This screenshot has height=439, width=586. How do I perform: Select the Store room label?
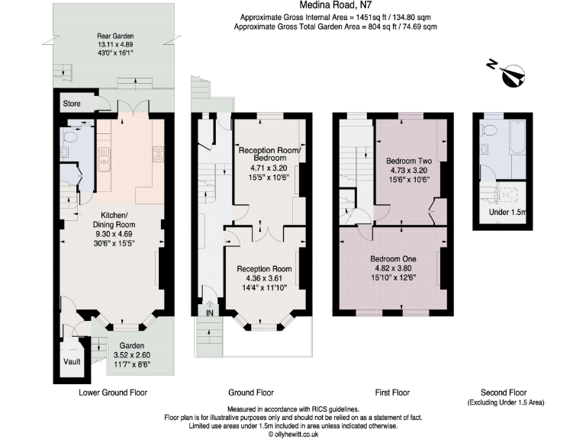pyautogui.click(x=72, y=103)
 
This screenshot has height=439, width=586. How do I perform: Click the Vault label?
pyautogui.click(x=73, y=361)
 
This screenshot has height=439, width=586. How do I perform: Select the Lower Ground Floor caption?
pyautogui.click(x=113, y=393)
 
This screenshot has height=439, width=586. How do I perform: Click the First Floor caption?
pyautogui.click(x=392, y=393)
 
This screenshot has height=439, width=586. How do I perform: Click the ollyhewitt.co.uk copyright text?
pyautogui.click(x=292, y=434)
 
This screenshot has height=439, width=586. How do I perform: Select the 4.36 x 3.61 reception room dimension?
pyautogui.click(x=264, y=279)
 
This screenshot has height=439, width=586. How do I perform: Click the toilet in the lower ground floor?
pyautogui.click(x=72, y=139)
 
